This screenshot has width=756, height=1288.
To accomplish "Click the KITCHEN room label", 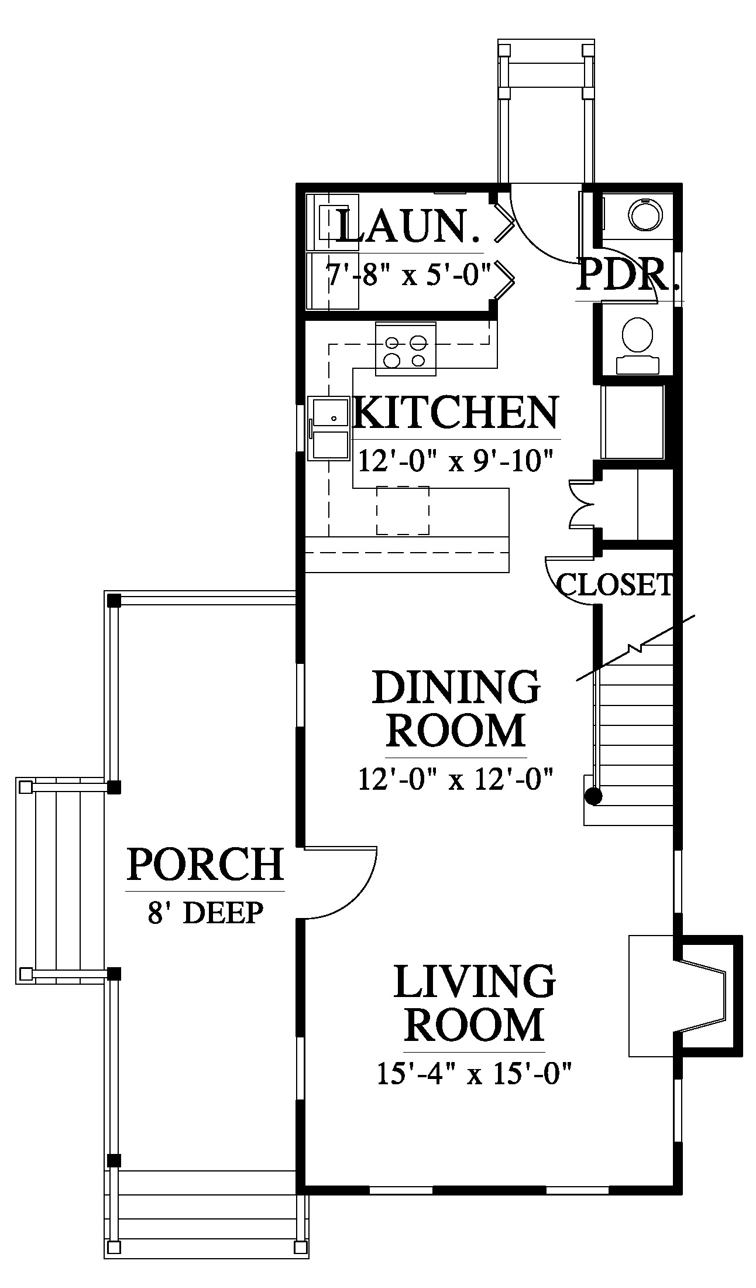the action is point(456,413).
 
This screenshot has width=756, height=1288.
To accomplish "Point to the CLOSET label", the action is point(614,584).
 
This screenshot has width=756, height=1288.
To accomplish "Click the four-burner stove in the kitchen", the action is point(406,349).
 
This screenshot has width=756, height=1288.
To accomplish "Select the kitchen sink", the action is point(329,429).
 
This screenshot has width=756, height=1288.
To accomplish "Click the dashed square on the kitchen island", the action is point(403,511).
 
